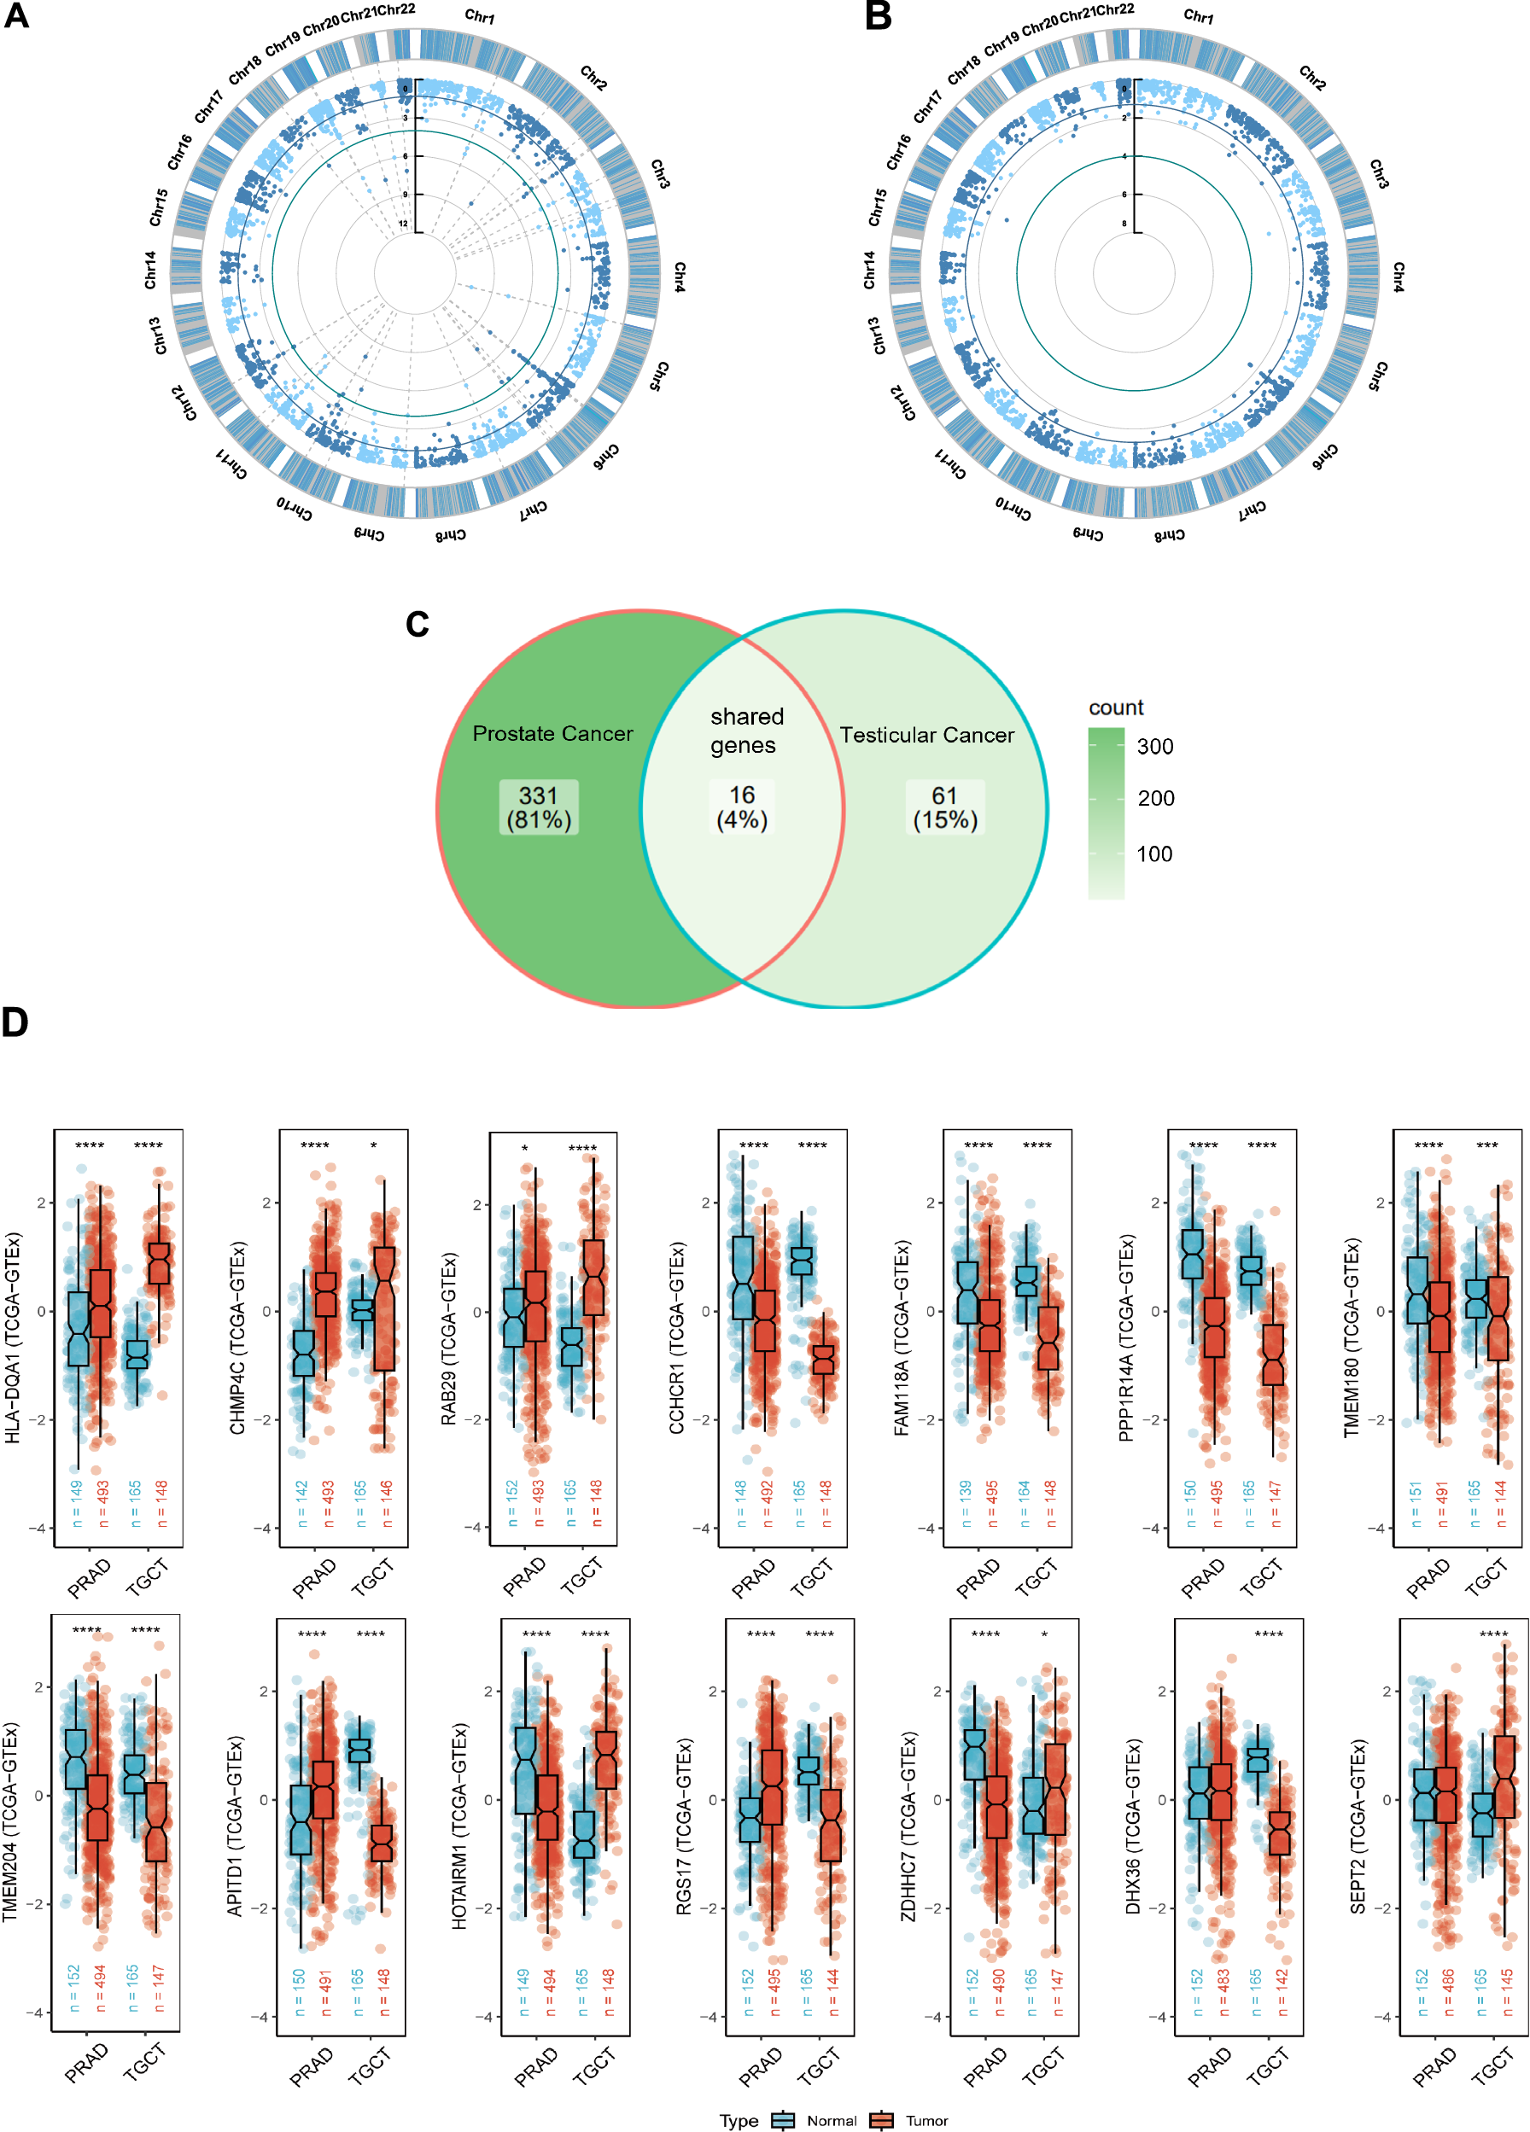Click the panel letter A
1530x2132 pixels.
point(16,16)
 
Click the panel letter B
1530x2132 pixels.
point(878,16)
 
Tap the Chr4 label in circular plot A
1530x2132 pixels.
point(678,277)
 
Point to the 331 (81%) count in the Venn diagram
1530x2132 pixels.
point(539,807)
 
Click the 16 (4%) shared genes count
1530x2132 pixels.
point(742,807)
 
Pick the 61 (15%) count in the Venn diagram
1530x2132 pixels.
point(945,807)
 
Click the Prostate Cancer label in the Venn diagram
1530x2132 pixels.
point(552,733)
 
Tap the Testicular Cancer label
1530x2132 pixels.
point(926,735)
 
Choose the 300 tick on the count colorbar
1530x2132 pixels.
point(1155,747)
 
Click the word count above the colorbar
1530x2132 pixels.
point(1115,707)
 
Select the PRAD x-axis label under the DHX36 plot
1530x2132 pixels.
point(1209,2065)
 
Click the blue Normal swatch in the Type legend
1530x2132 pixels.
point(782,2120)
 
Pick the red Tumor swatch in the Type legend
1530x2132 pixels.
point(881,2120)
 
